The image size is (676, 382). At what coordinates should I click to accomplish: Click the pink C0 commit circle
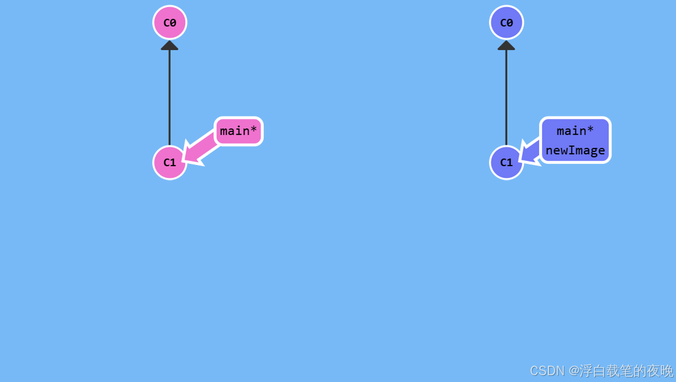[170, 22]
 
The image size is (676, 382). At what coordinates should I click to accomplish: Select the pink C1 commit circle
[170, 163]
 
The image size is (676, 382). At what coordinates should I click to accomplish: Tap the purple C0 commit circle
[506, 22]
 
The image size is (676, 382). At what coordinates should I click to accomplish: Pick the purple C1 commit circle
[506, 163]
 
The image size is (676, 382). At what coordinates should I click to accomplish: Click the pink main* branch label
[239, 131]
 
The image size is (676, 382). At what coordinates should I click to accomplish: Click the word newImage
[575, 150]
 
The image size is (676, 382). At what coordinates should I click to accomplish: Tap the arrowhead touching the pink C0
[170, 45]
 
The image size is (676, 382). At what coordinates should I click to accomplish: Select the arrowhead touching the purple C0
[506, 45]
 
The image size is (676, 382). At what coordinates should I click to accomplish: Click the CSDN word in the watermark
[547, 371]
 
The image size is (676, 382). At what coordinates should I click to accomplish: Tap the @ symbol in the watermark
[573, 371]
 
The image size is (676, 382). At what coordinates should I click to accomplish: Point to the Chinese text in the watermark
[626, 371]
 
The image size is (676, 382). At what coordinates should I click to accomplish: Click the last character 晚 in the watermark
[666, 371]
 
